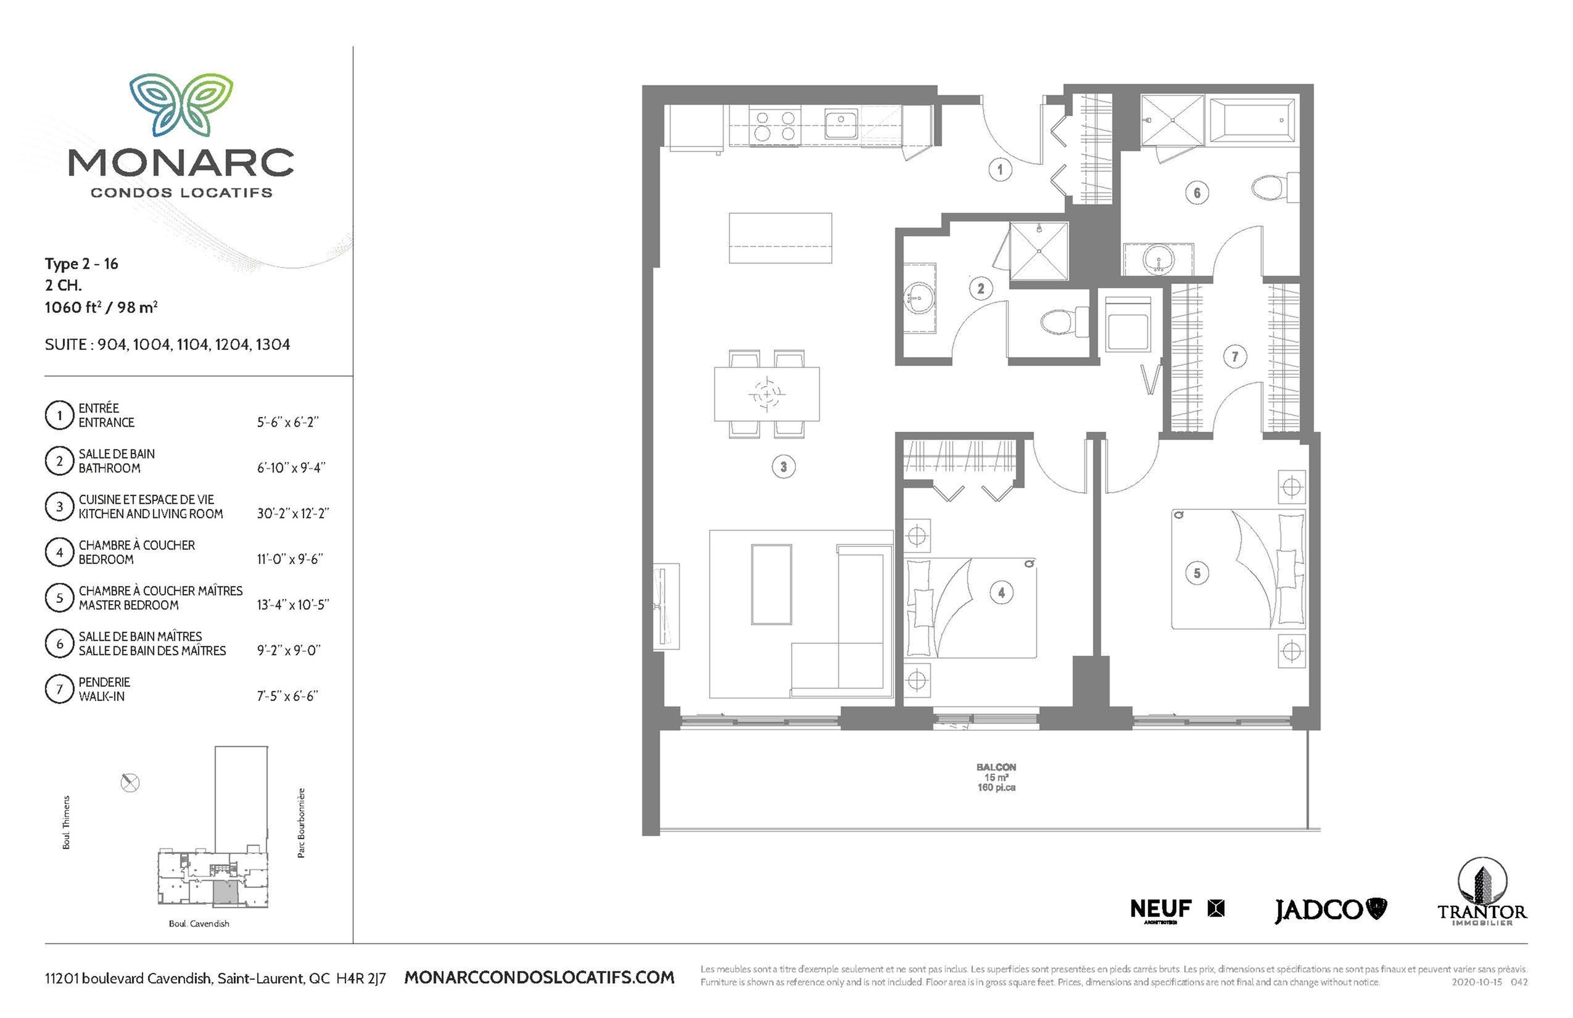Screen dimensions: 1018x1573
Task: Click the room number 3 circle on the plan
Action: [783, 466]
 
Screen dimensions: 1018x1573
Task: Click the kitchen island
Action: [780, 238]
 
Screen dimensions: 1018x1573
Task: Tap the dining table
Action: [767, 395]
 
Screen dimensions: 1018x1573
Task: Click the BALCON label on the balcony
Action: [996, 767]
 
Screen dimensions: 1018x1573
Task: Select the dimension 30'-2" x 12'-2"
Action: [293, 513]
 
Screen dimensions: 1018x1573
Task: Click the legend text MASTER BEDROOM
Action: [128, 605]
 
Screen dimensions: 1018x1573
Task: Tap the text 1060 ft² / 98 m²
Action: [101, 307]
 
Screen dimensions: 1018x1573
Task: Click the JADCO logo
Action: [1330, 910]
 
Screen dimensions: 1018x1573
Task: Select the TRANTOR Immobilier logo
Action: [1482, 892]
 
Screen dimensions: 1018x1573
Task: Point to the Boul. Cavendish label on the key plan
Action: [199, 924]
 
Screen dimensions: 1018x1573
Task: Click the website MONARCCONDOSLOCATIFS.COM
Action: [539, 977]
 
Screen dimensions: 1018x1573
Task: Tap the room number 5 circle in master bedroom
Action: [1197, 573]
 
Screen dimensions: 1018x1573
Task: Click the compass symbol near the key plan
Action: [130, 783]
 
